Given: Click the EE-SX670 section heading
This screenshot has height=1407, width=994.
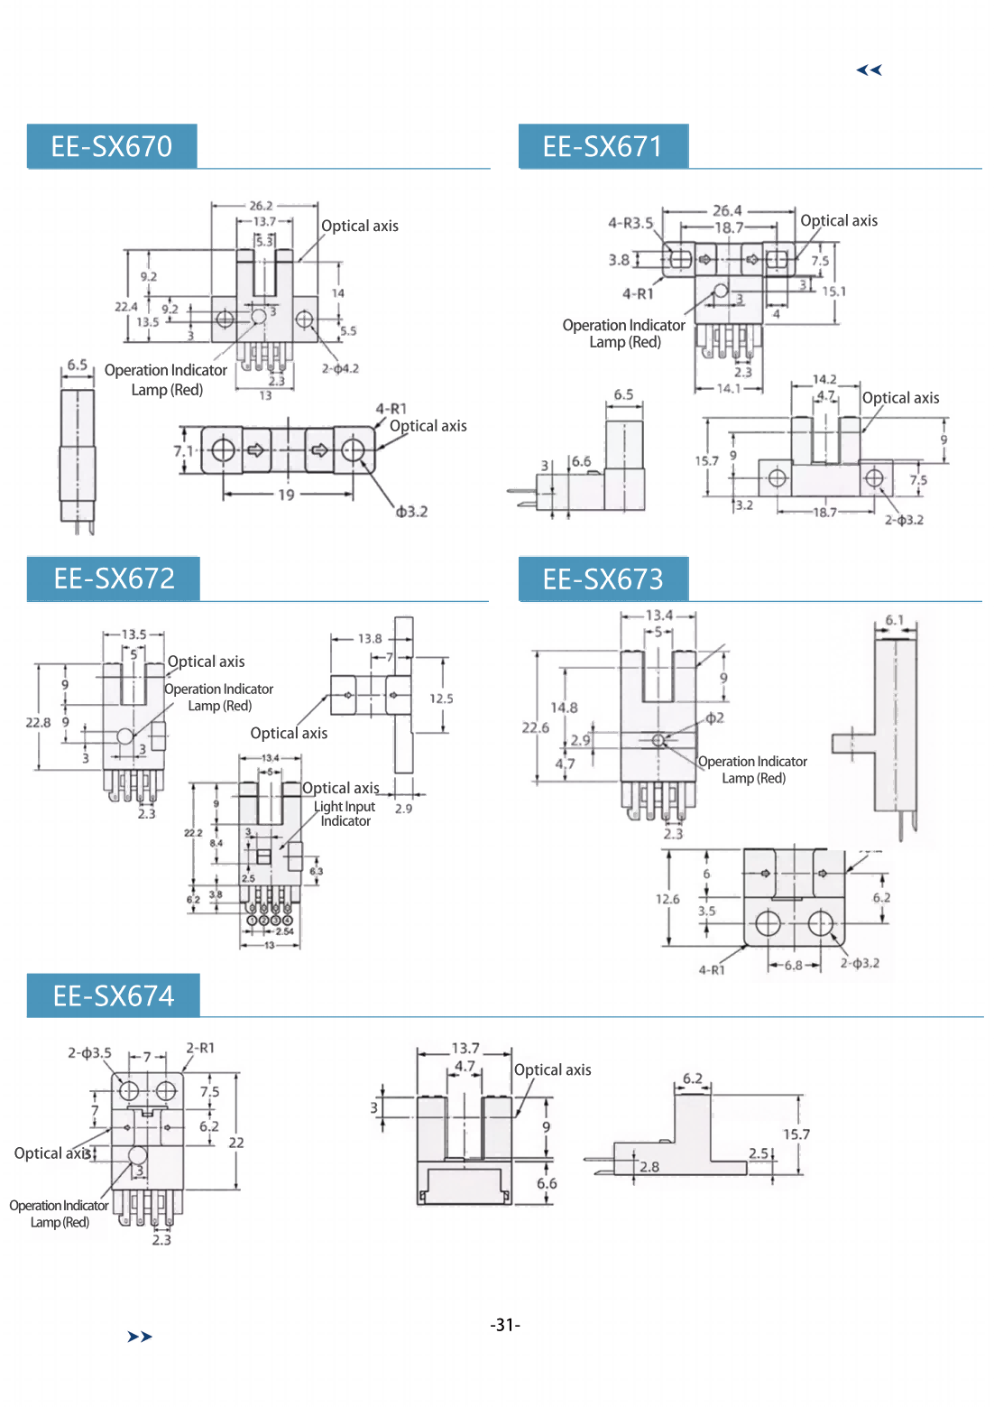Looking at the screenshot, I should point(111,146).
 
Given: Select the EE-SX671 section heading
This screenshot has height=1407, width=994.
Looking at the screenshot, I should point(603,146).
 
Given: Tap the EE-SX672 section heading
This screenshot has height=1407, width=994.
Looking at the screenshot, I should point(114,579).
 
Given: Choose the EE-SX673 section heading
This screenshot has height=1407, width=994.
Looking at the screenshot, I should point(603,579).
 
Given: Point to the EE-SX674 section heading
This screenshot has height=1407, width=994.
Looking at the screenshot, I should point(114,995).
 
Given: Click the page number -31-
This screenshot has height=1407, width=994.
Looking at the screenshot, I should point(505,1325).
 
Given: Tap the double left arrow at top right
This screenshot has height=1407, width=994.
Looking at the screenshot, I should point(869,69).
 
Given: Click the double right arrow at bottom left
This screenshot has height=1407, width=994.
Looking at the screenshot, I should point(140,1337).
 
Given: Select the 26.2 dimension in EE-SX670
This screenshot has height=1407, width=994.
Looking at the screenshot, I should point(261,206).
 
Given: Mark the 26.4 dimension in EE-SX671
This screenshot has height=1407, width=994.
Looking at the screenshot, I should point(727,211).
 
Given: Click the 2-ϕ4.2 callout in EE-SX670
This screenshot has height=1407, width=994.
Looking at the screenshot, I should point(340,368).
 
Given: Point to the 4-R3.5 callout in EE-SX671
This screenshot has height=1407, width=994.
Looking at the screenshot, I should point(630,223).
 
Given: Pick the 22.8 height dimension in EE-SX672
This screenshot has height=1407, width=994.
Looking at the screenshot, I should point(38,722).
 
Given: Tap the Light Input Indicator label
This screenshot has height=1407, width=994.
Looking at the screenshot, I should point(345,813).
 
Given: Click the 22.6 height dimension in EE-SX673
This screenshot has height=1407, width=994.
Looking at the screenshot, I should point(535,727).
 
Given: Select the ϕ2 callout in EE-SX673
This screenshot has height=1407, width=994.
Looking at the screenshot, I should point(714,718).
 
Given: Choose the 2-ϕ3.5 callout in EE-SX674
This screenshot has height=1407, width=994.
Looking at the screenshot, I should point(89,1052).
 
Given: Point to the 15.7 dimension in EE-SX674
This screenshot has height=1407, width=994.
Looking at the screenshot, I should point(796,1134).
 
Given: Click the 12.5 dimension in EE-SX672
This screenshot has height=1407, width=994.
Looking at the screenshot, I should point(441,699).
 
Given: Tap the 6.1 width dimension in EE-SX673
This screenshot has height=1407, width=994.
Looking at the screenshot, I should point(894,620).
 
